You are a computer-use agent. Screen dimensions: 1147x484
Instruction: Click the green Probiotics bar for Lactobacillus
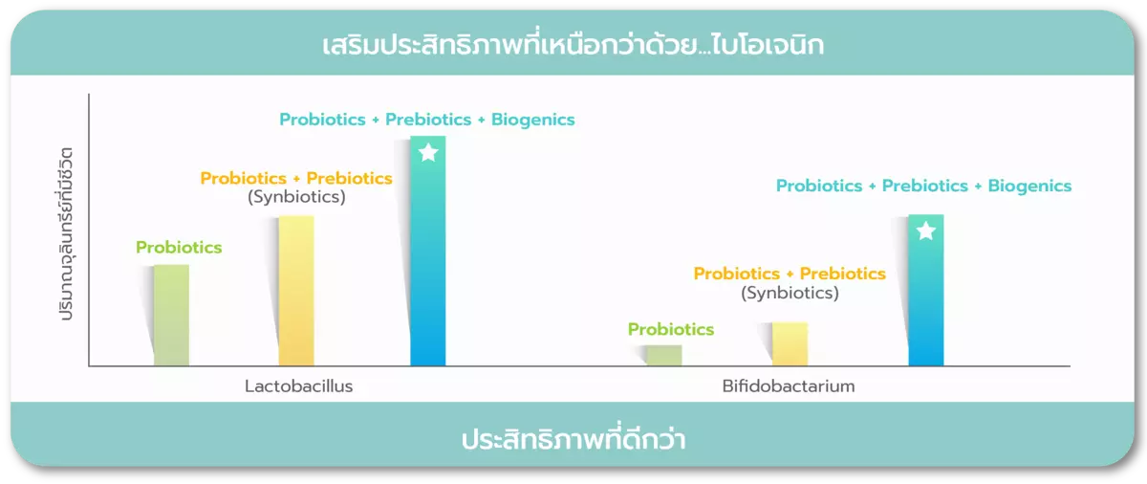(171, 315)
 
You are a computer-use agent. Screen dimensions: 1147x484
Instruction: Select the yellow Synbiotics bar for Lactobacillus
(296, 291)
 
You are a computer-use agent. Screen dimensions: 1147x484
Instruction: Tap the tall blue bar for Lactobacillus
(427, 251)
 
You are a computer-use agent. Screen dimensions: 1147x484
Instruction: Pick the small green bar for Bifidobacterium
(664, 356)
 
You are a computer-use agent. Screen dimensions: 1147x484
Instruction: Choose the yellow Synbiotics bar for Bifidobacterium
(790, 343)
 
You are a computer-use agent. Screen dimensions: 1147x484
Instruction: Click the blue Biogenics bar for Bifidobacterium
(926, 290)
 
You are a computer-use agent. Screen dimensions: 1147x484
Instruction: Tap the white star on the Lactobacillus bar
(428, 153)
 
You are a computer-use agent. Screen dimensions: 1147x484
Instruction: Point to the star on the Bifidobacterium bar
(926, 231)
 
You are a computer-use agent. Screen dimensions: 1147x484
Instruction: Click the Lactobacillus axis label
(298, 385)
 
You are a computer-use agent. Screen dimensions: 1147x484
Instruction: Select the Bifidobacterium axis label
(789, 385)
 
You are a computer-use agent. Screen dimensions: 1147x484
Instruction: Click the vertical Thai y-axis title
(66, 233)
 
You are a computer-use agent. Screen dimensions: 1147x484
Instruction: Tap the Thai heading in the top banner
(573, 44)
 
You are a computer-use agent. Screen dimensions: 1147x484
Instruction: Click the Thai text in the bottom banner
(573, 438)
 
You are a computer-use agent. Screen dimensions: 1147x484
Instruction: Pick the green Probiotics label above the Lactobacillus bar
(179, 248)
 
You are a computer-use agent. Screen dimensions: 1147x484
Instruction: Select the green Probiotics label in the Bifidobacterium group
(671, 329)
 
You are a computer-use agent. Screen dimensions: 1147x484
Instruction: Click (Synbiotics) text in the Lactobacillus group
(296, 197)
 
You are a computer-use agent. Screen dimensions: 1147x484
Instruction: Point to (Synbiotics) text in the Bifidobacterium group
(790, 293)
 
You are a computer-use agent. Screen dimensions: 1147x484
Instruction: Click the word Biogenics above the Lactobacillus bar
(532, 120)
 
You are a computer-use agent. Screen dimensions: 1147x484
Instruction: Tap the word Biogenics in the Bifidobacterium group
(1029, 186)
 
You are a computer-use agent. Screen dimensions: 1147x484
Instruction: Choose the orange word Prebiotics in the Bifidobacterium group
(842, 274)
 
